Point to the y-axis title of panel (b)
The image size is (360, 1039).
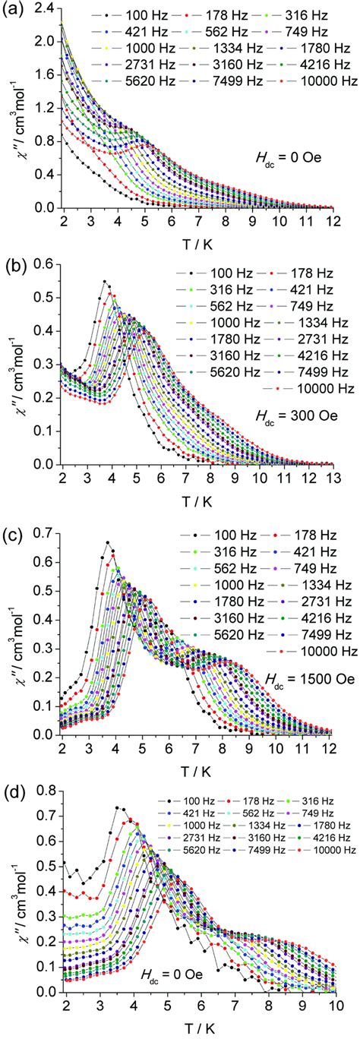pyautogui.click(x=17, y=371)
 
